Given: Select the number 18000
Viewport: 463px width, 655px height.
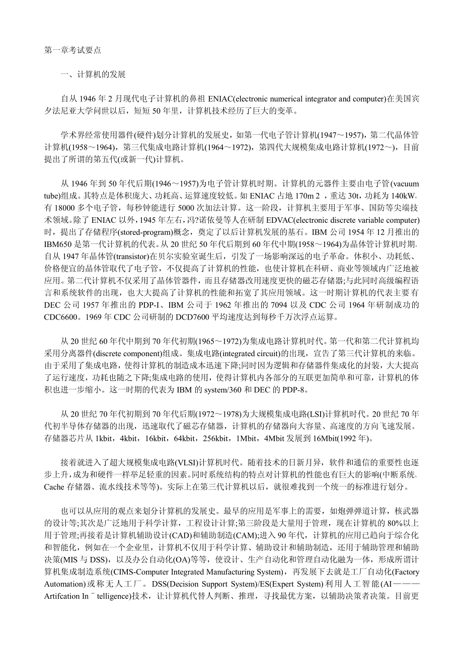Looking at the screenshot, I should coord(68,208).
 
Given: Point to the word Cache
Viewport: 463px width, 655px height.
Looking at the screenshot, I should coord(54,486).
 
